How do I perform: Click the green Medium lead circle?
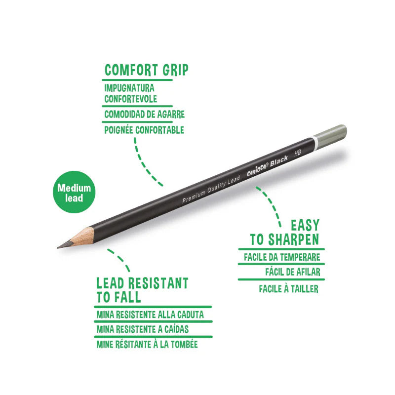pyautogui.click(x=74, y=192)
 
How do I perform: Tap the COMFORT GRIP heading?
pyautogui.click(x=146, y=70)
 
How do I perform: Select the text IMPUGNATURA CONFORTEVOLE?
pyautogui.click(x=130, y=93)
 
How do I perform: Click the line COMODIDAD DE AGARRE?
pyautogui.click(x=144, y=115)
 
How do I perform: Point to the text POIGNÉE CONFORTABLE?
pyautogui.click(x=144, y=130)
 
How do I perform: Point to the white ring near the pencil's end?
pyautogui.click(x=314, y=143)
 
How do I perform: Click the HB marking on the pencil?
pyautogui.click(x=298, y=153)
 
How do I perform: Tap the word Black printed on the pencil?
pyautogui.click(x=279, y=161)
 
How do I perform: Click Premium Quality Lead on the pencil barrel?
pyautogui.click(x=211, y=190)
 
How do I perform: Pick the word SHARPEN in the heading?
pyautogui.click(x=293, y=239)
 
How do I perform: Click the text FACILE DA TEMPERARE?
pyautogui.click(x=282, y=257)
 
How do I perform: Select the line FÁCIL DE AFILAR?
pyautogui.click(x=293, y=272)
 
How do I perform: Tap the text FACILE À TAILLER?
pyautogui.click(x=289, y=289)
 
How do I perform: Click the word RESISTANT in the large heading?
pyautogui.click(x=158, y=283)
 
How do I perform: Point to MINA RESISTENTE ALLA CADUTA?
pyautogui.click(x=150, y=315)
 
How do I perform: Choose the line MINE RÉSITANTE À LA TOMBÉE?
pyautogui.click(x=147, y=344)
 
